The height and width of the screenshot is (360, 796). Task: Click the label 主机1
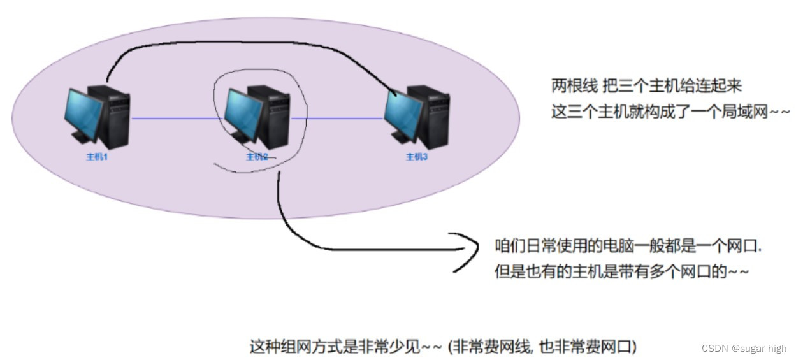[97, 157]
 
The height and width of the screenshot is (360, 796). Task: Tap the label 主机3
[416, 157]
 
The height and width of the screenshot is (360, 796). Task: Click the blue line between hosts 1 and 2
[171, 119]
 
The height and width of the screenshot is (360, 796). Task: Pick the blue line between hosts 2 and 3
[338, 119]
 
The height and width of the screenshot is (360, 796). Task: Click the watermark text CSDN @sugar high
[744, 349]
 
